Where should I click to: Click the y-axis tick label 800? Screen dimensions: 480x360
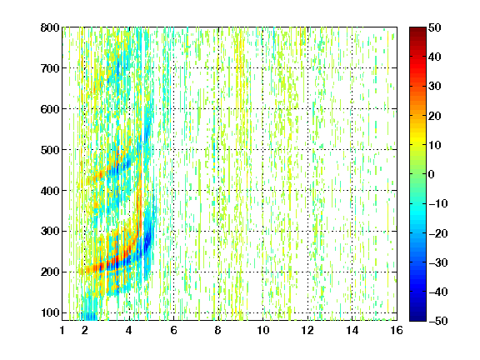pos(50,27)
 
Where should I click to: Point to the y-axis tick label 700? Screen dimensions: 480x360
pos(50,68)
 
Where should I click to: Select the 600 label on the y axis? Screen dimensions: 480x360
pos(50,109)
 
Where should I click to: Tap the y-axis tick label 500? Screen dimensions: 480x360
pos(50,150)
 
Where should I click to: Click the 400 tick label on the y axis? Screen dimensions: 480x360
pos(50,191)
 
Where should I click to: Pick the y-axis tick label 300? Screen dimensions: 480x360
pos(50,232)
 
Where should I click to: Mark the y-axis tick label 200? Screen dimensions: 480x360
pos(50,272)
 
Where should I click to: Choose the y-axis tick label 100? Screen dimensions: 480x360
pos(50,312)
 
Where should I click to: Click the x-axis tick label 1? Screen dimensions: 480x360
pos(62,330)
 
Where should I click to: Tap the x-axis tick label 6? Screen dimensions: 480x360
pos(174,330)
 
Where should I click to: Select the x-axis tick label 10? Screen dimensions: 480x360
pos(263,330)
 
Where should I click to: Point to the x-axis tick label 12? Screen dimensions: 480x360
pos(307,330)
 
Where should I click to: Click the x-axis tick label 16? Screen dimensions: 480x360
pos(397,330)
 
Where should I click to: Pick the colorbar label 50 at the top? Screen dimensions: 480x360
pos(435,27)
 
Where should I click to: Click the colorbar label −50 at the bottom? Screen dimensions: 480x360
pos(438,321)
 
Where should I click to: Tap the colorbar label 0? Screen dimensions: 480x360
pos(432,174)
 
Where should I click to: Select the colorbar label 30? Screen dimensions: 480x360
pos(435,87)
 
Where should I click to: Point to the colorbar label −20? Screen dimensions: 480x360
pos(438,233)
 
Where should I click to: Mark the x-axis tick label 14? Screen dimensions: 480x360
pos(352,330)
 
